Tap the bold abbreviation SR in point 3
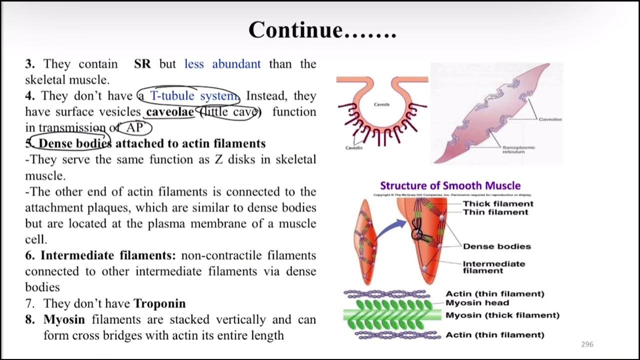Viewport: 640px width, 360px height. (x=142, y=64)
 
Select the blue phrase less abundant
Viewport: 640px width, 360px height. (x=222, y=64)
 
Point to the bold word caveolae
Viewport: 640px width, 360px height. (x=170, y=111)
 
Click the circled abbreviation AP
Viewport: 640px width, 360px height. (x=134, y=128)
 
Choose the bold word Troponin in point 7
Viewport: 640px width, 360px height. (x=159, y=303)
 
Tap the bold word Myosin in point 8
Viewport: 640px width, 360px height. (x=64, y=319)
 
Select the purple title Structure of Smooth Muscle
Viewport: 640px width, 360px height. (x=450, y=185)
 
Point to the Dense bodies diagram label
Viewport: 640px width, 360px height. (x=496, y=246)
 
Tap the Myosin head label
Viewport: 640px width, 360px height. (x=477, y=302)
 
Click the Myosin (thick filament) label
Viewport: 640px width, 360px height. (x=502, y=315)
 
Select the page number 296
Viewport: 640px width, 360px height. (x=587, y=344)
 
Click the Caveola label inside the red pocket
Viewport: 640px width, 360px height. (x=381, y=104)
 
